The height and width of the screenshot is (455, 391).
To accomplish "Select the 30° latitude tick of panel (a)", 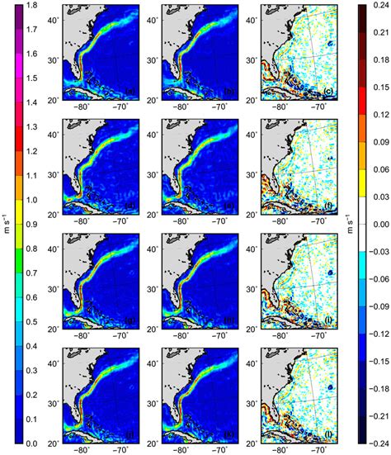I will tap(53, 59).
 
